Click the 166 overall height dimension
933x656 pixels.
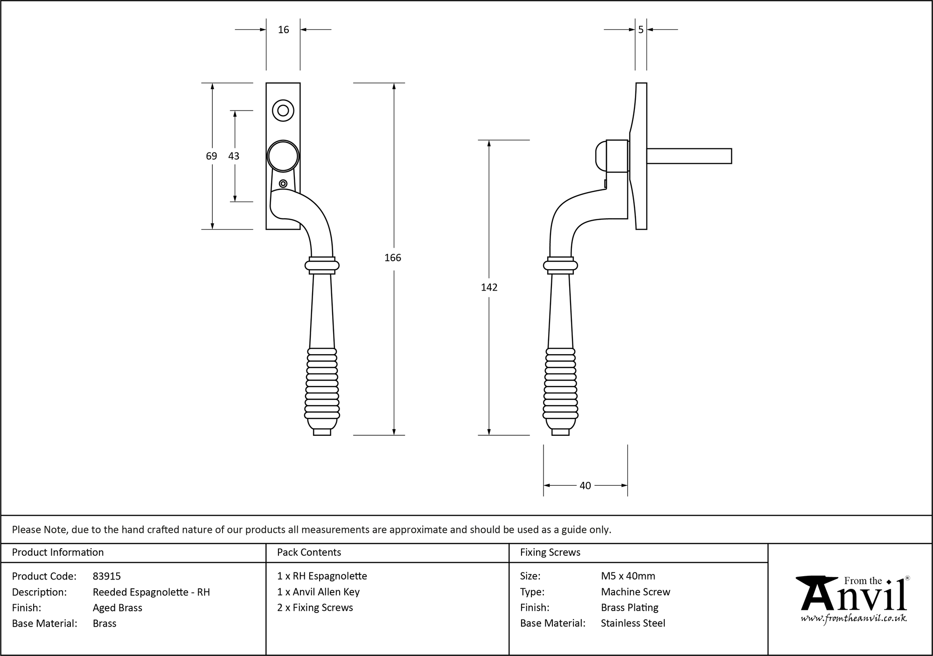pos(393,258)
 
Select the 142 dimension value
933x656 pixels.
pos(489,287)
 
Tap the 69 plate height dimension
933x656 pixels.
pos(211,156)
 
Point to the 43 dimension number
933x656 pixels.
pos(234,156)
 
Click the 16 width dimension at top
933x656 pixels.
pos(283,30)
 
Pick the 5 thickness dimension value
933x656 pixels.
pos(641,30)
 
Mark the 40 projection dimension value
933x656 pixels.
pos(585,486)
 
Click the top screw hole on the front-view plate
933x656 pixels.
pos(283,111)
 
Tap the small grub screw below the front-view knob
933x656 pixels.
pos(283,183)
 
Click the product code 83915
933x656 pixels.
pos(107,576)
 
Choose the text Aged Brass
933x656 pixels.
pos(118,607)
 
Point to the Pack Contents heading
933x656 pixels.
pos(309,552)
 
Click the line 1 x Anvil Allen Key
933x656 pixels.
pos(318,592)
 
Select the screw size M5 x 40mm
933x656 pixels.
pos(628,576)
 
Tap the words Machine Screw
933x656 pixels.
pos(635,592)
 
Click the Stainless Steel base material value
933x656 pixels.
pos(633,623)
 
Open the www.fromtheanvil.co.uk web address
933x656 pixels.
pos(854,618)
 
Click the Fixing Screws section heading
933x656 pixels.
pos(550,552)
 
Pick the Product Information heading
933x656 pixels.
pos(58,552)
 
